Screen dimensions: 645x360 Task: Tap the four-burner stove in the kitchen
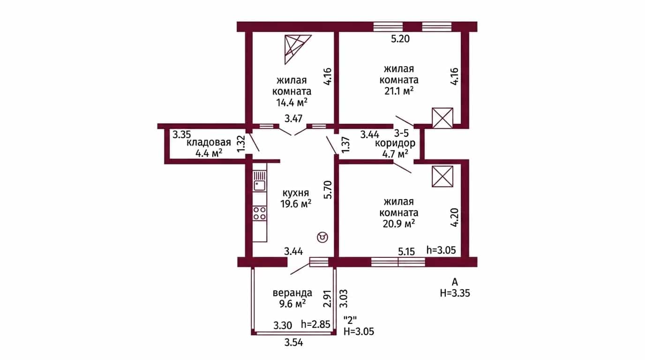coord(259,213)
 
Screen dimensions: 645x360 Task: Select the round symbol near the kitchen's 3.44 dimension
coord(322,237)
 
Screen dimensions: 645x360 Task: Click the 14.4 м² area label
coord(292,102)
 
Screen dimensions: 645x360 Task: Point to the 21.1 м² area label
coord(399,91)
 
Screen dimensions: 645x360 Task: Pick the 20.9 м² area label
coord(399,224)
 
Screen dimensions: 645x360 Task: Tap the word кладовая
coord(209,142)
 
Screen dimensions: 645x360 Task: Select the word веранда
coord(292,293)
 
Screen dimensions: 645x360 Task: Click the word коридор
coord(395,143)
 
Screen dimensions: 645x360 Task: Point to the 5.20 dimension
coord(400,39)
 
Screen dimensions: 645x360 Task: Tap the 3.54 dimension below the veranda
coord(294,343)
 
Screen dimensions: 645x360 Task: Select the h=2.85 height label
coord(315,324)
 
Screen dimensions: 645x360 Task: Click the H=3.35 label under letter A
coord(455,293)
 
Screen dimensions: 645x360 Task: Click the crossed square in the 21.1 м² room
coord(442,118)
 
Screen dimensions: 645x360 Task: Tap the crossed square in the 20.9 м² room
coord(442,176)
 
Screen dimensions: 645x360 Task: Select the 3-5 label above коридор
coord(401,133)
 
